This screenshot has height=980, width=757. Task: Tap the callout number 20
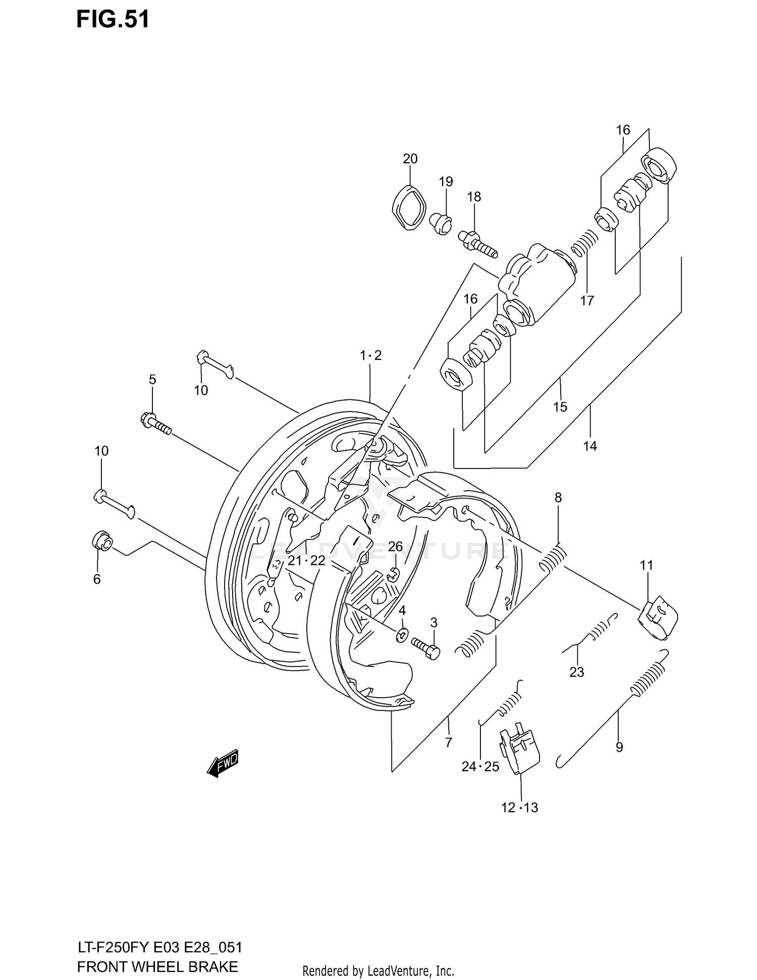coord(410,159)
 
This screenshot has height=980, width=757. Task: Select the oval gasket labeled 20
coord(409,208)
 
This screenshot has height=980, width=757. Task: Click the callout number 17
coord(586,301)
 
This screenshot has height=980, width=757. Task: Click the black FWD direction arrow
coord(222,766)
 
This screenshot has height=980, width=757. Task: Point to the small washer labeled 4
coord(402,634)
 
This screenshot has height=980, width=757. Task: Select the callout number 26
coord(395,547)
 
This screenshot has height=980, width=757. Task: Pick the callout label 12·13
coord(519,808)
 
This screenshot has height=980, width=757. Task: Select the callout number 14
coord(590,446)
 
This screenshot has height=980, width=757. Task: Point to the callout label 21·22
coord(306,561)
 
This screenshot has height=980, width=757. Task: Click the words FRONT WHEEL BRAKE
coord(157,966)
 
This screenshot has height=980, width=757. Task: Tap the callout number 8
coord(558,497)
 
